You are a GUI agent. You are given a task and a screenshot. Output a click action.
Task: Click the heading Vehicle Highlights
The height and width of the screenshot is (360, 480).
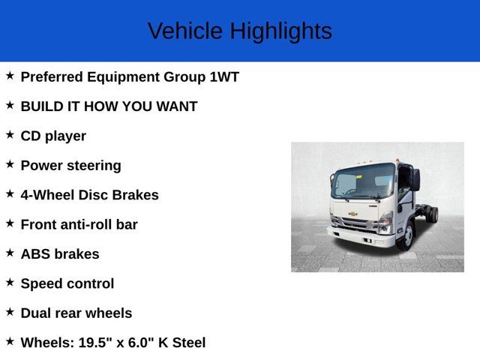pos(239,31)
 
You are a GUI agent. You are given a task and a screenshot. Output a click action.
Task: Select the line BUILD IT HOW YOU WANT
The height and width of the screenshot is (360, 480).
pos(109,106)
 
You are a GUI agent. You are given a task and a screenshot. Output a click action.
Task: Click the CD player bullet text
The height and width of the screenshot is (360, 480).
pos(53,136)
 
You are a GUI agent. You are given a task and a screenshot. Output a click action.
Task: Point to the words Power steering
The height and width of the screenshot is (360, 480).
pos(70,166)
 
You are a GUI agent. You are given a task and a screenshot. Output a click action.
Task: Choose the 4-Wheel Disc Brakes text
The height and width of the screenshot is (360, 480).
pos(89,195)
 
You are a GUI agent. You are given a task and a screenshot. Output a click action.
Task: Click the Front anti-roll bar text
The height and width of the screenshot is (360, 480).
pos(79,224)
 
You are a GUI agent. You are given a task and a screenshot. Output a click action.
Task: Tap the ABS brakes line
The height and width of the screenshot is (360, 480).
pos(60,254)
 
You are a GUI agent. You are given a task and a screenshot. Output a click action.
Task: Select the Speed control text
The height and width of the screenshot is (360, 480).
pos(67,283)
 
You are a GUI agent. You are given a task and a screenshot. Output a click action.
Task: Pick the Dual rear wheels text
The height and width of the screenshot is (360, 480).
pos(76,313)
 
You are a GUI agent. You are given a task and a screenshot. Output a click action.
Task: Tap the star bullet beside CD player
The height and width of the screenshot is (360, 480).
pos(10,135)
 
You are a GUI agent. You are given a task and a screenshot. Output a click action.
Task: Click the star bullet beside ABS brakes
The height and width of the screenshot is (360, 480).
pos(10,253)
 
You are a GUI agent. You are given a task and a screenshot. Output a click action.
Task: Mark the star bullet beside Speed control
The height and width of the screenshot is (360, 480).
pos(10,282)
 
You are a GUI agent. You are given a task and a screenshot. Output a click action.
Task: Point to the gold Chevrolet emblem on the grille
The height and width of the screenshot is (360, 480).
pos(352,214)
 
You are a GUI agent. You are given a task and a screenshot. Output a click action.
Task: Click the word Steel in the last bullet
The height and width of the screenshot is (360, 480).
pos(187,343)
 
